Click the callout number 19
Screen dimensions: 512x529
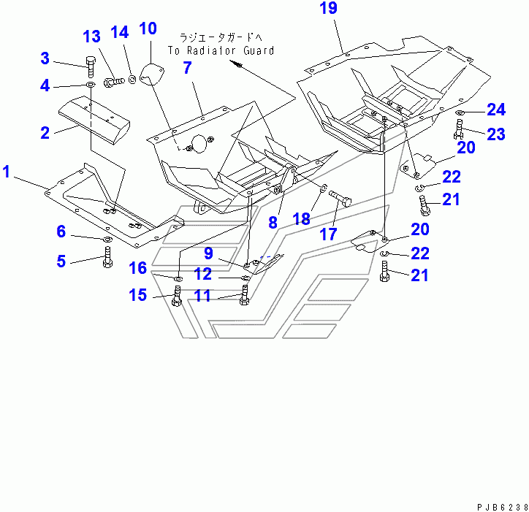pos(329,10)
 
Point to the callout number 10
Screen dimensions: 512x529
pos(148,29)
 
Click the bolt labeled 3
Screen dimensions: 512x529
pos(90,66)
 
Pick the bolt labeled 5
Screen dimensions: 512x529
pos(107,257)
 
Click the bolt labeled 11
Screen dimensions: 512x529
pos(244,296)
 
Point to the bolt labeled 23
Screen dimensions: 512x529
pos(457,131)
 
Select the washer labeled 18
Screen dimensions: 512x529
pos(321,191)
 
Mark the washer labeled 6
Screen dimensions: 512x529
pos(107,239)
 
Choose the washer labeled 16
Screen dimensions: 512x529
pos(178,278)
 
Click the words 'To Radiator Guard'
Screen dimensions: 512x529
pos(221,50)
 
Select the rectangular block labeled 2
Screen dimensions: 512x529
pos(94,121)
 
